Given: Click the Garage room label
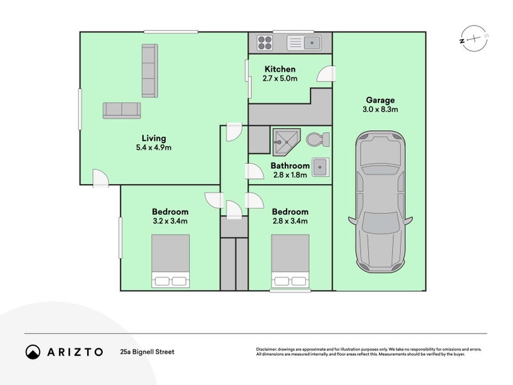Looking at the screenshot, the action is pyautogui.click(x=380, y=100).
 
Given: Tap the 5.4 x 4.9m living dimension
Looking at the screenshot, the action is pyautogui.click(x=154, y=148).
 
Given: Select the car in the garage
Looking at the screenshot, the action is pyautogui.click(x=380, y=201).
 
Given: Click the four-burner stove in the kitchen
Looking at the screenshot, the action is pyautogui.click(x=265, y=43).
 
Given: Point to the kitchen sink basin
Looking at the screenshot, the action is pyautogui.click(x=312, y=43).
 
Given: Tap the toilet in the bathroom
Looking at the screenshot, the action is pyautogui.click(x=318, y=139).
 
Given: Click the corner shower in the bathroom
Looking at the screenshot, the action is pyautogui.click(x=286, y=142).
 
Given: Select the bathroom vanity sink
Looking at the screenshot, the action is pyautogui.click(x=321, y=167).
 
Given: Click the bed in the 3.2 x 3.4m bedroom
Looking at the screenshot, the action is pyautogui.click(x=171, y=261).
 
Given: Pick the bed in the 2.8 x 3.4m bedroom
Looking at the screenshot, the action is pyautogui.click(x=290, y=261).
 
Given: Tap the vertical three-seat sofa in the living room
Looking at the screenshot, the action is pyautogui.click(x=150, y=71).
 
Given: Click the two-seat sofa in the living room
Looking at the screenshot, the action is pyautogui.click(x=122, y=110).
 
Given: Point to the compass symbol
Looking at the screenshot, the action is pyautogui.click(x=474, y=39).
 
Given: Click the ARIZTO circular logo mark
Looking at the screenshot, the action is pyautogui.click(x=33, y=352).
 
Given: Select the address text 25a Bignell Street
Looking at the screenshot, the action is pyautogui.click(x=147, y=352).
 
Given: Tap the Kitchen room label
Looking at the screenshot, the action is pyautogui.click(x=280, y=69).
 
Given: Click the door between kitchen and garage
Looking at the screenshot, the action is pyautogui.click(x=326, y=74).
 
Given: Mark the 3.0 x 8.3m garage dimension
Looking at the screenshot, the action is pyautogui.click(x=380, y=109).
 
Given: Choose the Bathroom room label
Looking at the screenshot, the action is pyautogui.click(x=290, y=166).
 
